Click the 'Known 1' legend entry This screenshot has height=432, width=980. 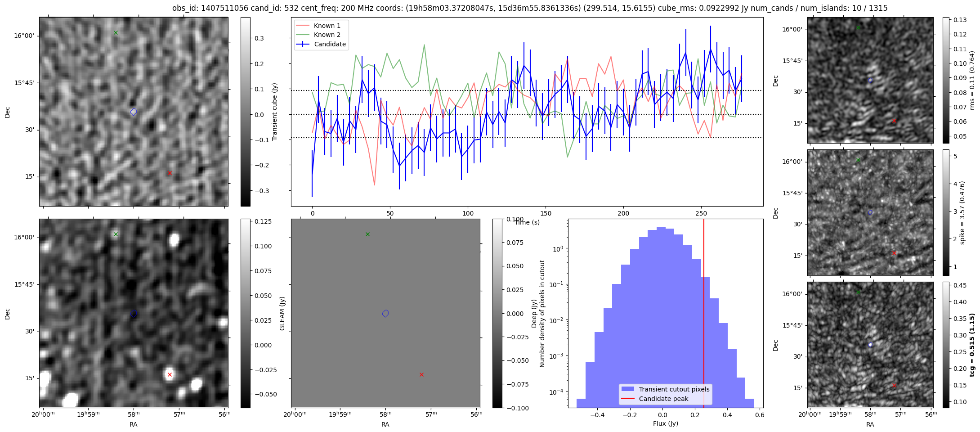[327, 26]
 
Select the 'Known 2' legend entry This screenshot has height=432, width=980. [327, 35]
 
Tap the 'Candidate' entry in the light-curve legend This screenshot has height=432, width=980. [330, 44]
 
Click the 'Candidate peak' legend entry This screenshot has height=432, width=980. [663, 399]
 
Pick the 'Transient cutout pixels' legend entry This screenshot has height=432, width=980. [674, 389]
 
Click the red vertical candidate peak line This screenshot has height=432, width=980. [704, 315]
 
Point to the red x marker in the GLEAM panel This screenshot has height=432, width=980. [421, 374]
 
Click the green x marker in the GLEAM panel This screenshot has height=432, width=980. [367, 234]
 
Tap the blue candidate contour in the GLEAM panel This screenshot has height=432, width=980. [385, 313]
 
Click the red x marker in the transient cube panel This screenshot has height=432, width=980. [170, 173]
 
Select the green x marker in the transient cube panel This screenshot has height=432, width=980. [116, 32]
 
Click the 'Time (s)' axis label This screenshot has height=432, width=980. [527, 222]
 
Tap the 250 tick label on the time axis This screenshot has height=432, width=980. [701, 213]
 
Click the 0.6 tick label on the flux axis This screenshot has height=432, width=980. [760, 415]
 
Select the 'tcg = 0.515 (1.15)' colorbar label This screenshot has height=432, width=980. [972, 345]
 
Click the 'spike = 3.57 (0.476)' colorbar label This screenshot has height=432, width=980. [962, 212]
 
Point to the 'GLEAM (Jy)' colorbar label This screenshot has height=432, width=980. [282, 313]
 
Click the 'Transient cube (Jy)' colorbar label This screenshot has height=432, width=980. [274, 112]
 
